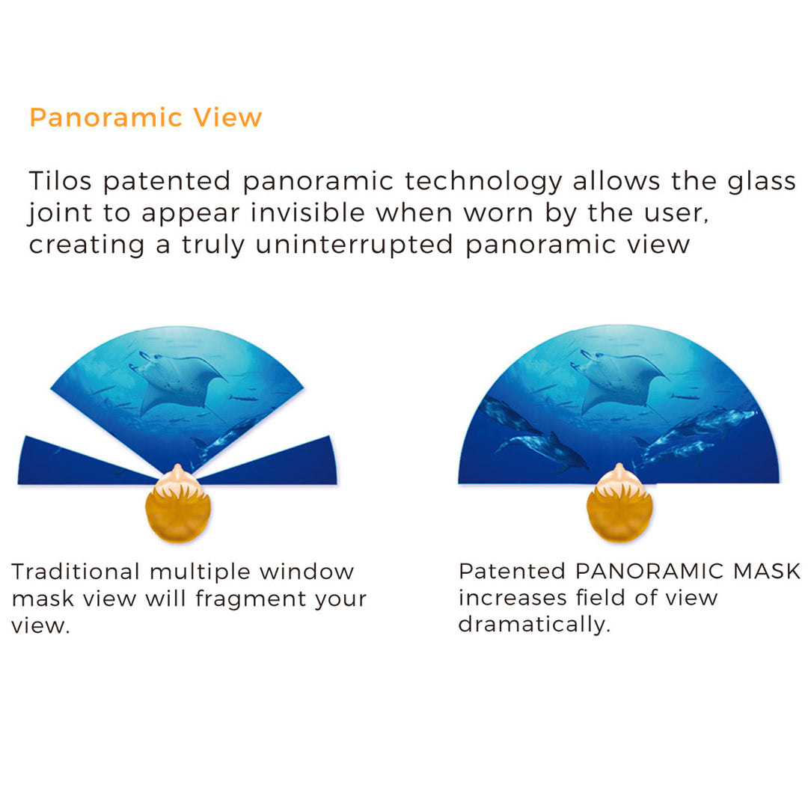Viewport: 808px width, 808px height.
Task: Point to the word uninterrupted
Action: pos(355,245)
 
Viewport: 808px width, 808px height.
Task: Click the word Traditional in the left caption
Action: pos(76,572)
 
